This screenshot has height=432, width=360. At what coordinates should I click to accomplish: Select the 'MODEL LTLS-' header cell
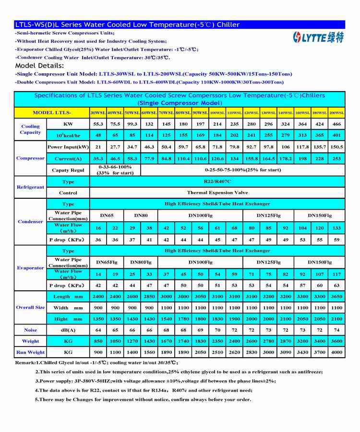pos(52,113)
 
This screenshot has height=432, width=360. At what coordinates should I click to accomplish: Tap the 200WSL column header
pos(336,113)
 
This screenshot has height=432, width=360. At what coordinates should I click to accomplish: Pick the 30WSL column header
pos(98,113)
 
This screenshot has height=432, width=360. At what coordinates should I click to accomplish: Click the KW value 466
pos(336,124)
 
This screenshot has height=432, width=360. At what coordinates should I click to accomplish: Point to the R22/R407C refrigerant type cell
pos(217,182)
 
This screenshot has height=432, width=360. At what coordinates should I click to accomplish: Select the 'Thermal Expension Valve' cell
pos(217,192)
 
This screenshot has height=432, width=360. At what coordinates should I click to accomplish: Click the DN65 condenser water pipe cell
pos(107,216)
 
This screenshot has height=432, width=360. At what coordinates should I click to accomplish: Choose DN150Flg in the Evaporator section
pos(319,263)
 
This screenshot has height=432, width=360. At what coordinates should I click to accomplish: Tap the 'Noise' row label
pos(30,330)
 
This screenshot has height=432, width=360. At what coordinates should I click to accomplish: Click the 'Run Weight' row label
pos(30,352)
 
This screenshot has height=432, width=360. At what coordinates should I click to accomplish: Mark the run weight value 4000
pos(336,352)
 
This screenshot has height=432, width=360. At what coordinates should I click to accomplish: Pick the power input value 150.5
pos(336,147)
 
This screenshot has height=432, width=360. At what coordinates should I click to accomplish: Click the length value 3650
pos(336,297)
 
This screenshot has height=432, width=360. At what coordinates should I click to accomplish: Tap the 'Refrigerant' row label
pos(30,187)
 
